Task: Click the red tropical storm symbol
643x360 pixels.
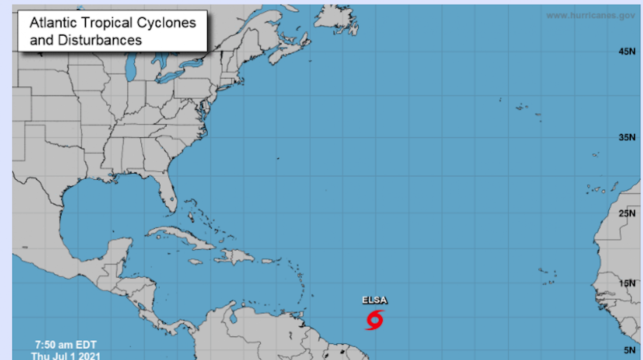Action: coord(375,320)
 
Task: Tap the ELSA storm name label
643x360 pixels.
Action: coord(375,300)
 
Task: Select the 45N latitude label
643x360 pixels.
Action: coord(627,52)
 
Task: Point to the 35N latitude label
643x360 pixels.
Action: coord(627,137)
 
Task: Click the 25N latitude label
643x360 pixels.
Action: coord(627,213)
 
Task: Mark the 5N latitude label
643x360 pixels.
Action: coord(629,350)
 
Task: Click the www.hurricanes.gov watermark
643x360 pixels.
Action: coord(590,16)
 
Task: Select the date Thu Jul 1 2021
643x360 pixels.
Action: coord(66,355)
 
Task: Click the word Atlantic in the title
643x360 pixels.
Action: coord(53,22)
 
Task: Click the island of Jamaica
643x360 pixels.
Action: coord(195,262)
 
